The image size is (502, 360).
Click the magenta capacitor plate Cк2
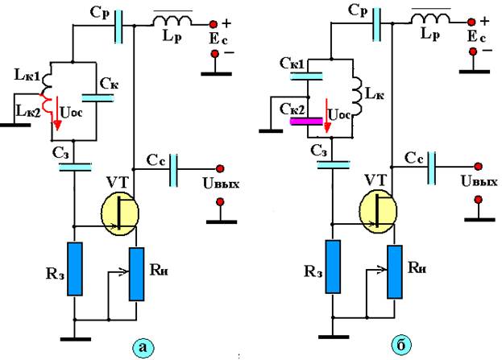pos(306,121)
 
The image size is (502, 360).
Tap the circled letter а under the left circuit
pos(143,347)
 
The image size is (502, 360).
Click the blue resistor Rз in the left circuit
pos(75,268)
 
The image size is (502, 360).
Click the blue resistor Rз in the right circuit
pos(333,267)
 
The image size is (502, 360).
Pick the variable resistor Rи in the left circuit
pos(136,274)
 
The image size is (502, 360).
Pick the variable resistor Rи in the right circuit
pos(395,271)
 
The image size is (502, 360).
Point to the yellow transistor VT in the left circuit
pos(120,213)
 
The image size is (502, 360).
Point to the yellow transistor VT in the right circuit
pos(378,211)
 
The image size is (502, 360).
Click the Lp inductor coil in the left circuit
pos(173,20)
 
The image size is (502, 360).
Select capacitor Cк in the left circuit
pos(97,98)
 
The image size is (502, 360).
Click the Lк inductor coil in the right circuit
pos(357,95)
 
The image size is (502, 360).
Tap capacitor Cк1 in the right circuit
pos(306,76)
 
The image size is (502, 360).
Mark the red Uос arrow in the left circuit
pos(57,114)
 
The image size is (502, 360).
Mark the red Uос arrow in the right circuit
pos(326,115)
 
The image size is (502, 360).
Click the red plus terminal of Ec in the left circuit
pos(213,24)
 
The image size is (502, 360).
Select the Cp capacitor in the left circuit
pos(118,27)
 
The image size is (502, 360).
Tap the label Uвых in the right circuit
pos(479,181)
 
